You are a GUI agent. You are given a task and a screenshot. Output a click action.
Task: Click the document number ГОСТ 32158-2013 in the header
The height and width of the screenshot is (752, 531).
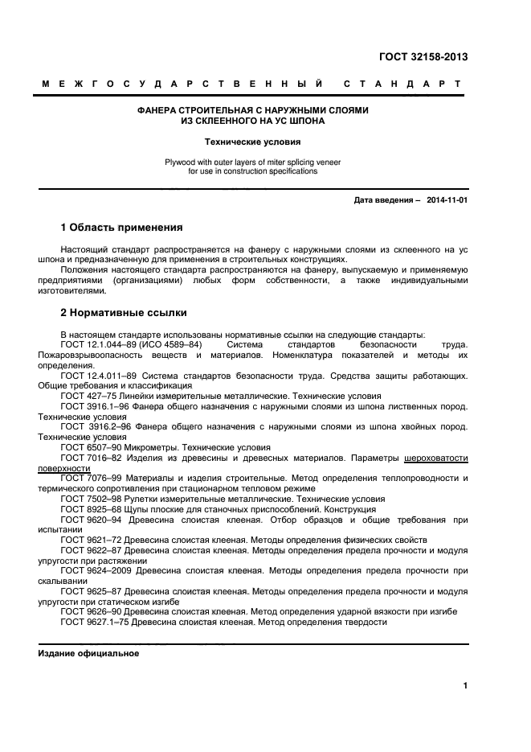[423, 57]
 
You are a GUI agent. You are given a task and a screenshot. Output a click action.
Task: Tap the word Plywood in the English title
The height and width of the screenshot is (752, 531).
[182, 162]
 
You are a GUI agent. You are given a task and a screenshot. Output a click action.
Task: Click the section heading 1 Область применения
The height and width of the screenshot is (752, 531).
[121, 228]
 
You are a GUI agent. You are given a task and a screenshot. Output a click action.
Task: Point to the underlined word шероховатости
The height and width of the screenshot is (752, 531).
[436, 458]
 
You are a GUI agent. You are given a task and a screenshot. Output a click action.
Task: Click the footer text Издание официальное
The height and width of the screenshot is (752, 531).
[89, 654]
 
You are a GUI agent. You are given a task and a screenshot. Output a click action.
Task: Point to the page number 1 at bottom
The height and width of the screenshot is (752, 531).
[465, 686]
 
